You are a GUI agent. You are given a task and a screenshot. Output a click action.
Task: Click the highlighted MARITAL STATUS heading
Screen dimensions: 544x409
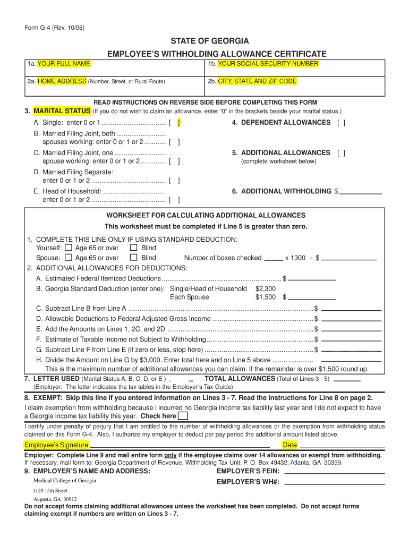62,111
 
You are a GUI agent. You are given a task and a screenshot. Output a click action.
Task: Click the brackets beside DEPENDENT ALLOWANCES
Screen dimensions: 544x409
340,123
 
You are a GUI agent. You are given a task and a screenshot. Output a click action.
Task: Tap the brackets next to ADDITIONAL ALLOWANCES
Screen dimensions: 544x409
340,153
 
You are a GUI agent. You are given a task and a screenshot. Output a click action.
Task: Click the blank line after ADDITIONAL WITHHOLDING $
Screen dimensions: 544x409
361,191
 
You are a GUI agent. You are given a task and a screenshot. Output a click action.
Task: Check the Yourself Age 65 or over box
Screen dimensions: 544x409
69,248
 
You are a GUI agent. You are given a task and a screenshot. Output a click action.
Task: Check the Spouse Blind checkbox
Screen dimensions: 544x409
134,258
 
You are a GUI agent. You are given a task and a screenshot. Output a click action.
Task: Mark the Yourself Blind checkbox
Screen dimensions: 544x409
134,248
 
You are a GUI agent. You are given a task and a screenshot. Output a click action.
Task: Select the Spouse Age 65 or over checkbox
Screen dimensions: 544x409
69,258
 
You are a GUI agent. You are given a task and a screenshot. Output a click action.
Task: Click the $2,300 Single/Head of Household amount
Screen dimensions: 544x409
266,288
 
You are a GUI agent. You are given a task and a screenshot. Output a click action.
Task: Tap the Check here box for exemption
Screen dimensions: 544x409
183,416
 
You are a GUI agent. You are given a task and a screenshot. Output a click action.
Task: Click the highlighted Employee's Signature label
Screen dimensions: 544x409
56,445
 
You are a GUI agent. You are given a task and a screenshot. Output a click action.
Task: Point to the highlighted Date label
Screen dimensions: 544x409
289,445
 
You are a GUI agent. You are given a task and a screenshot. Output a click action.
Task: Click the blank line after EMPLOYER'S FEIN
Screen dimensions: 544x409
335,471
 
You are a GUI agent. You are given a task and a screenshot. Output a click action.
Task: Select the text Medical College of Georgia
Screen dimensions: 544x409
65,480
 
